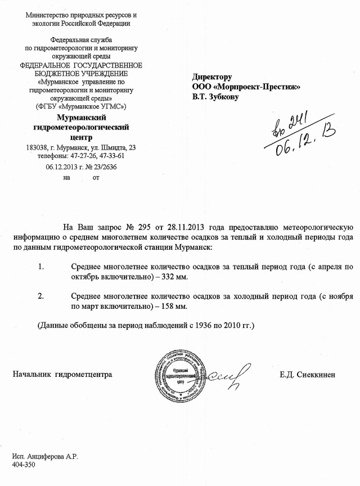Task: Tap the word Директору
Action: tap(212, 77)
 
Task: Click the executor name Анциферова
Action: tap(47, 457)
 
